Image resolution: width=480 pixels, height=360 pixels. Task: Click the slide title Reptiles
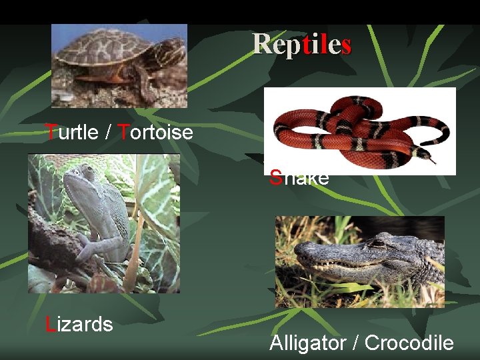pyautogui.click(x=302, y=45)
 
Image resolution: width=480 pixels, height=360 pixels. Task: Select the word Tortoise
pyautogui.click(x=155, y=132)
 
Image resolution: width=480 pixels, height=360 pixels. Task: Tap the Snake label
pyautogui.click(x=299, y=178)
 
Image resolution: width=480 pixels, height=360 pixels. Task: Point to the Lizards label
pyautogui.click(x=79, y=325)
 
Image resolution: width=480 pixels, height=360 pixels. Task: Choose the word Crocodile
pyautogui.click(x=409, y=343)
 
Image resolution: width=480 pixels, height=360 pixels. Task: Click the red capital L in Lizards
pyautogui.click(x=49, y=325)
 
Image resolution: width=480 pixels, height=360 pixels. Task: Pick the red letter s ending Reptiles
pyautogui.click(x=345, y=45)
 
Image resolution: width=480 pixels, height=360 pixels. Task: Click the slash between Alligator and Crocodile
pyautogui.click(x=355, y=343)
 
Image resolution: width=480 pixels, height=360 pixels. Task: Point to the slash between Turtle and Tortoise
pyautogui.click(x=109, y=132)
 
